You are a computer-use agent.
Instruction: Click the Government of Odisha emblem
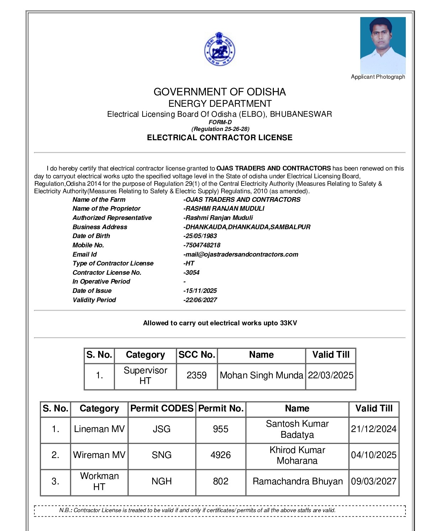click(x=219, y=49)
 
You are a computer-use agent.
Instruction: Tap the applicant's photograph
click(x=383, y=45)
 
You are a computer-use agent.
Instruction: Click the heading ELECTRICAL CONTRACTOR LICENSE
click(x=219, y=138)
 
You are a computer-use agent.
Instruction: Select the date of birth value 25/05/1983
click(x=200, y=236)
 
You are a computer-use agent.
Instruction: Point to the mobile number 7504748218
click(x=202, y=245)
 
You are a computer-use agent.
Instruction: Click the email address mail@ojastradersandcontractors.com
click(x=241, y=254)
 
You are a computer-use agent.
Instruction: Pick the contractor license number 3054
click(x=192, y=273)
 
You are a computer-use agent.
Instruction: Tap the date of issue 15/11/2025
click(x=200, y=291)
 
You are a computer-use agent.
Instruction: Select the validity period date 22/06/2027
click(x=200, y=300)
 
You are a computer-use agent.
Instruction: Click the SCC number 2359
click(x=197, y=375)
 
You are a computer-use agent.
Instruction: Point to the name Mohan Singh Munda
click(x=261, y=375)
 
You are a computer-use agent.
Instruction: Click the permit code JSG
click(x=161, y=429)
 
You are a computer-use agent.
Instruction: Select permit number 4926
click(x=220, y=455)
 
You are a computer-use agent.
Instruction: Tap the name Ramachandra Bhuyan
click(x=297, y=482)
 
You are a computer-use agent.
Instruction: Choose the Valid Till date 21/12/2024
click(x=373, y=429)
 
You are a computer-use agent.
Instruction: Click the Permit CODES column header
click(x=161, y=409)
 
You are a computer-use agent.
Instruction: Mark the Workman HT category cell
click(x=99, y=482)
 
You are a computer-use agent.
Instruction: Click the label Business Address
click(x=100, y=227)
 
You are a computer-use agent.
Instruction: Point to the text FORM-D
click(x=220, y=122)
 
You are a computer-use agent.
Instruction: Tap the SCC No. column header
click(x=197, y=355)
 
